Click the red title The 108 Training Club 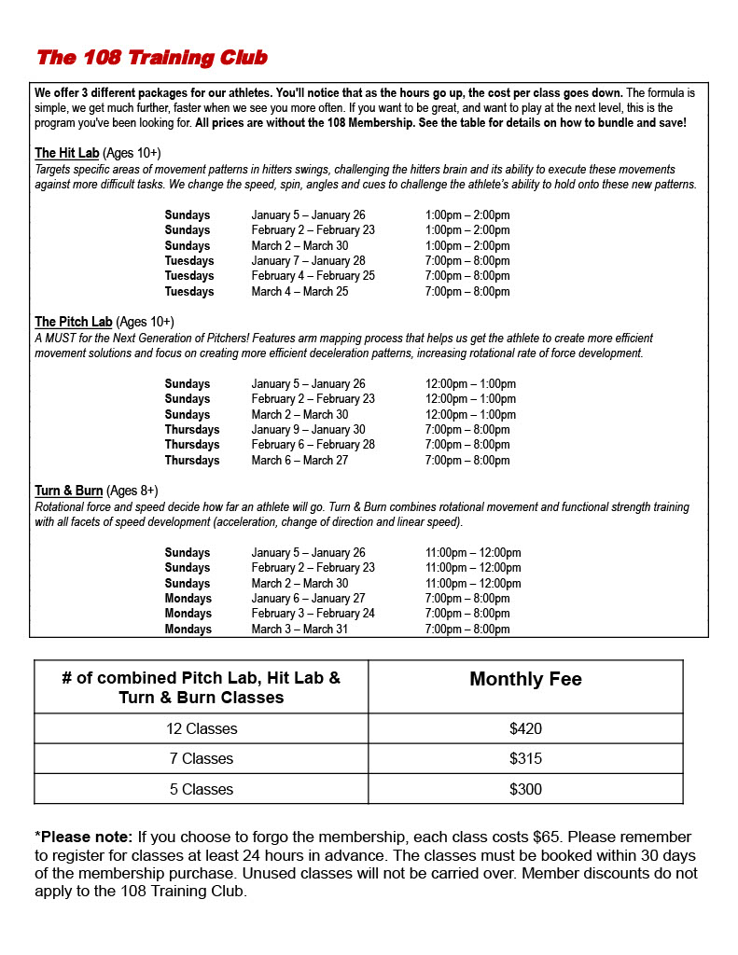tap(151, 58)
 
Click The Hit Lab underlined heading tap(66, 153)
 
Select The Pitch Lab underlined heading tap(73, 322)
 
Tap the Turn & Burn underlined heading tap(68, 491)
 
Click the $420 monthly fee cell tap(525, 729)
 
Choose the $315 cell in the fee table tap(525, 759)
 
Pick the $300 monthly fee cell tap(525, 789)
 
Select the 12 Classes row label tap(201, 729)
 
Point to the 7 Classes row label tap(201, 759)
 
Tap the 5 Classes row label tap(201, 789)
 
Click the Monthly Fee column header tap(525, 680)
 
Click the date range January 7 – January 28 tap(308, 261)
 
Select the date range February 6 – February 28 tap(313, 445)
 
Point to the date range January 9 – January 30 tap(308, 430)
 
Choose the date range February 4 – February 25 tap(313, 276)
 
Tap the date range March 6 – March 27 tap(299, 461)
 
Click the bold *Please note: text tap(83, 837)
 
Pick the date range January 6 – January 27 tap(308, 599)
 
